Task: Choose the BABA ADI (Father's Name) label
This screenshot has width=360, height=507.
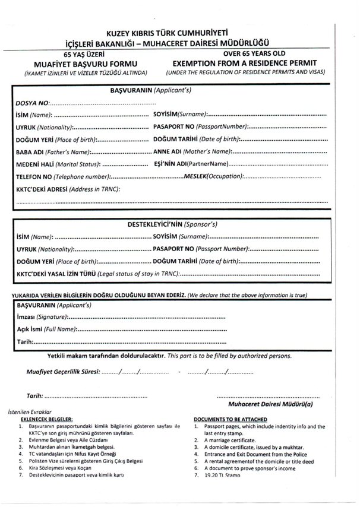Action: (53, 153)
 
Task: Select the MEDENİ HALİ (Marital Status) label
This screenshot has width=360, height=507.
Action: (57, 164)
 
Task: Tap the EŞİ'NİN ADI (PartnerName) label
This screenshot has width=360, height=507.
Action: (191, 164)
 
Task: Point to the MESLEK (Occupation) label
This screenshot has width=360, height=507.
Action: (214, 176)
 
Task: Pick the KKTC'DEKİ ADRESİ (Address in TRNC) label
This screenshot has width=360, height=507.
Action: (67, 189)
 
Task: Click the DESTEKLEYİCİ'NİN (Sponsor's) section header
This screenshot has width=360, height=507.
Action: (172, 226)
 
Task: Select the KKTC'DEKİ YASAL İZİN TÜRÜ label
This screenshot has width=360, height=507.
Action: (97, 274)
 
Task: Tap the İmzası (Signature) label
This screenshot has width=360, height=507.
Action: (43, 318)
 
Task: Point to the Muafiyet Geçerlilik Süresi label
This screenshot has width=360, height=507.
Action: (62, 372)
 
